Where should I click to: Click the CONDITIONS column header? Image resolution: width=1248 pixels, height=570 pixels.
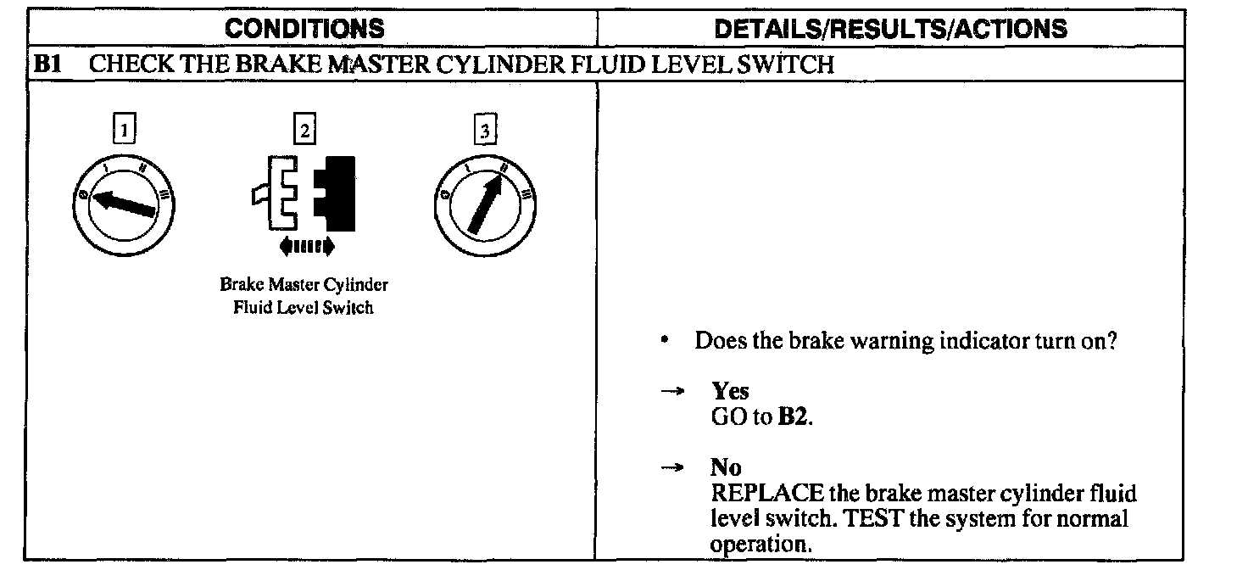tap(304, 29)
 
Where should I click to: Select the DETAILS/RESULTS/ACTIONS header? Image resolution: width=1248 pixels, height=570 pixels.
tap(890, 29)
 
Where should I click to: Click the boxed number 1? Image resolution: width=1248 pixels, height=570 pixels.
tap(125, 130)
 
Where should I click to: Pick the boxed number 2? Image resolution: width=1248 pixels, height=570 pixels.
tap(303, 130)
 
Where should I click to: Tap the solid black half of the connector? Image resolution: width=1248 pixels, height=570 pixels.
tap(336, 193)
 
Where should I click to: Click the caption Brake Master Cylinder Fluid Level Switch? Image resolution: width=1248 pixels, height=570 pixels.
tap(304, 296)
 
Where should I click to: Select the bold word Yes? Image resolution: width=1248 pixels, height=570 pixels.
tap(730, 392)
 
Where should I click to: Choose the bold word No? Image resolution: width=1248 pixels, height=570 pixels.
tap(726, 467)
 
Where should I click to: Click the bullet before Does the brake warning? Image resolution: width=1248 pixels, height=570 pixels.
tap(669, 341)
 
